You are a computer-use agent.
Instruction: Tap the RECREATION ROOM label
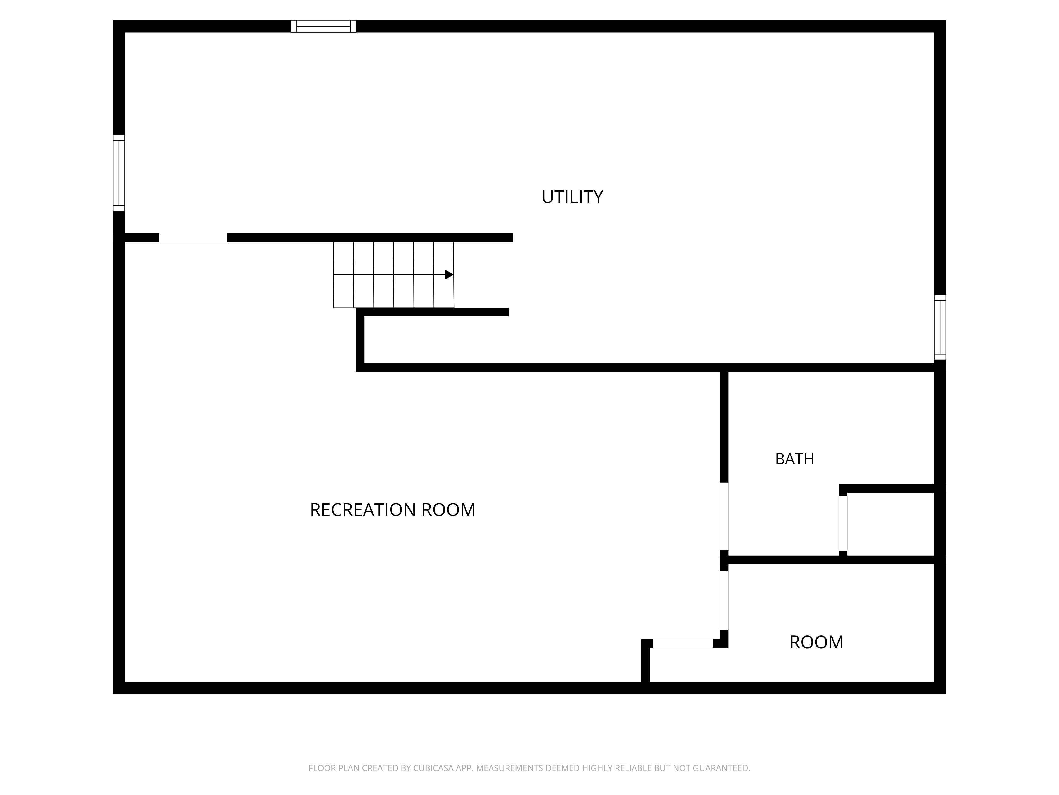(x=393, y=510)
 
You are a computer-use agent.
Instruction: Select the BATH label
(x=794, y=459)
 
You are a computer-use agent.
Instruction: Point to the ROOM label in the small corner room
(x=816, y=642)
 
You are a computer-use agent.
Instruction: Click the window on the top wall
(x=324, y=26)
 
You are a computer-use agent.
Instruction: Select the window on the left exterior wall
(x=119, y=173)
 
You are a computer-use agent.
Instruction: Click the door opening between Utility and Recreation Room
(x=193, y=238)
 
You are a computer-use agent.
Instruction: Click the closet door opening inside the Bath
(x=843, y=523)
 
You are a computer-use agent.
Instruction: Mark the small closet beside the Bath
(x=890, y=524)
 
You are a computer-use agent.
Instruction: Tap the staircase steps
(x=393, y=275)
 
